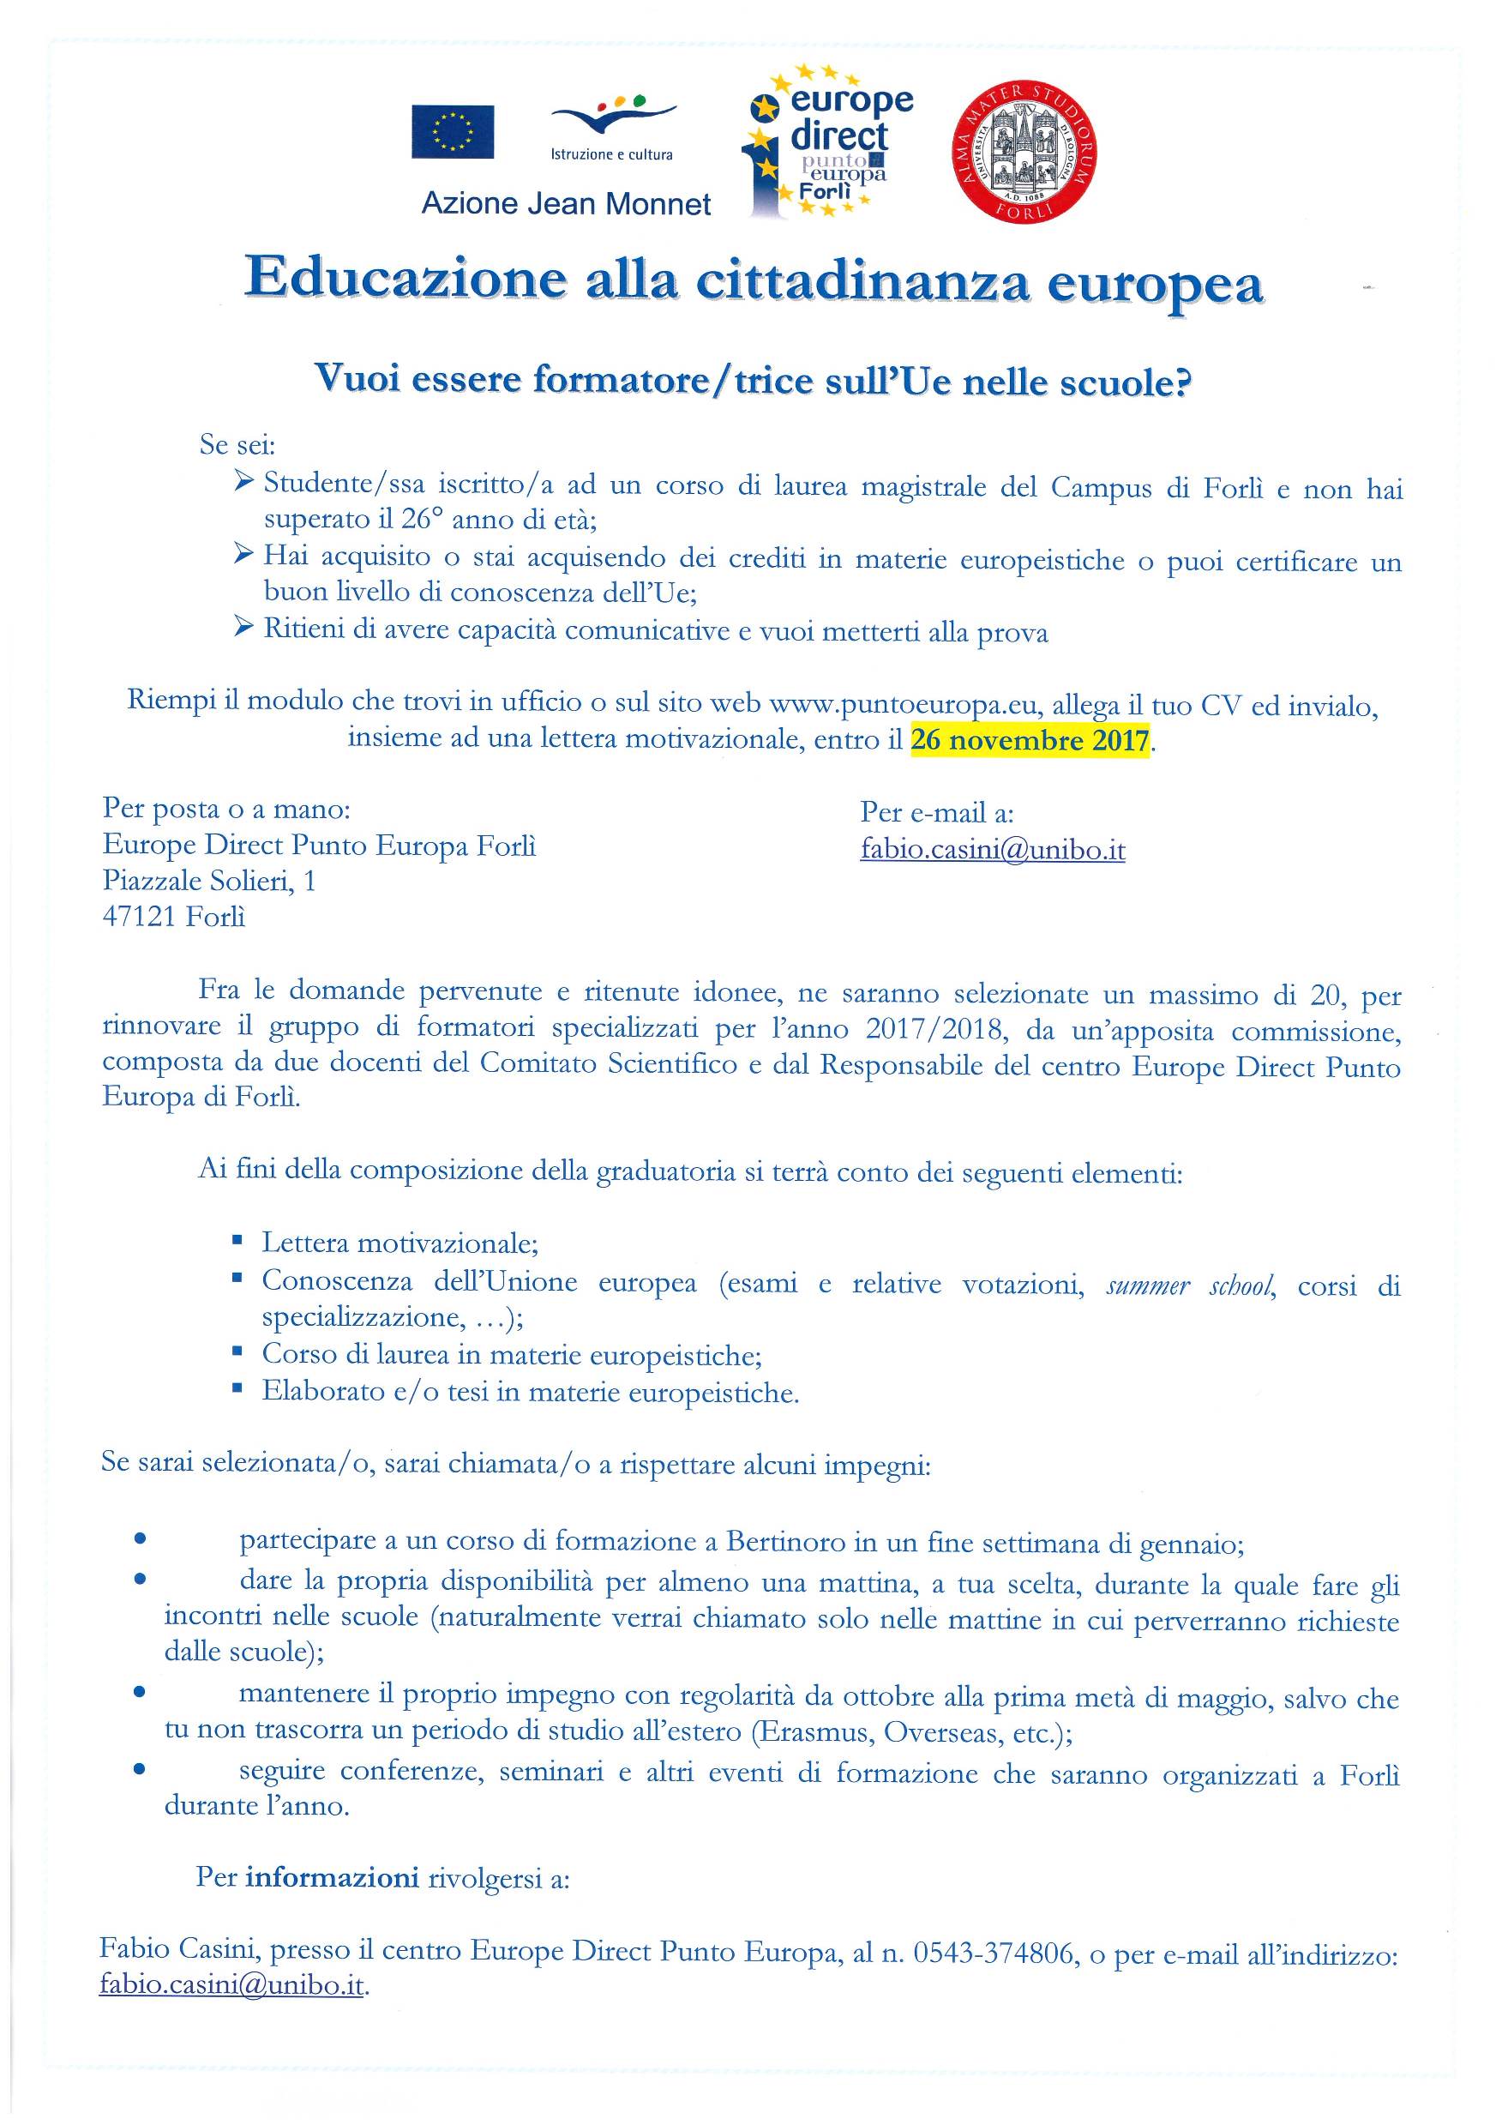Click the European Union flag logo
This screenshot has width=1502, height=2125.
tap(453, 131)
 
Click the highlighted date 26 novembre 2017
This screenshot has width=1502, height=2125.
tap(1029, 741)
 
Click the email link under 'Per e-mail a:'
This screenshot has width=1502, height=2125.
tap(992, 850)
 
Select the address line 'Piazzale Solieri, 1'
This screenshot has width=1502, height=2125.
tap(209, 880)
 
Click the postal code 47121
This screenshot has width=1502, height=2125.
tap(140, 918)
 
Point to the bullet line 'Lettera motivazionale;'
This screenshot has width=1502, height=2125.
tap(400, 1243)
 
